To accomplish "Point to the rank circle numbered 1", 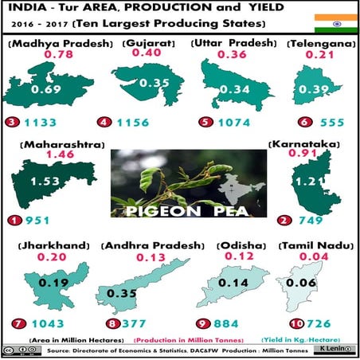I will click(x=10, y=221).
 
